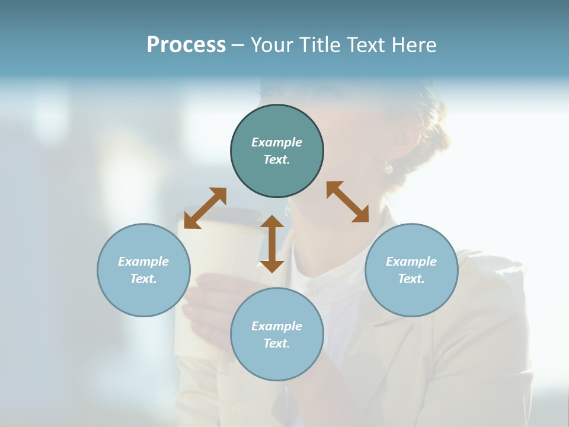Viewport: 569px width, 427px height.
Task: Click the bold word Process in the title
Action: point(186,45)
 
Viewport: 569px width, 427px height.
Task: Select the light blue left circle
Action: point(143,297)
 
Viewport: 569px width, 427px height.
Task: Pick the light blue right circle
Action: point(411,297)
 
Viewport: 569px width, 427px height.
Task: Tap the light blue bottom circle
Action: point(277,362)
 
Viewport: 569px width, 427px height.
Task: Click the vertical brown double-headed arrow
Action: point(272,244)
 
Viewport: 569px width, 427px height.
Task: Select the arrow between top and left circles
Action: point(205,208)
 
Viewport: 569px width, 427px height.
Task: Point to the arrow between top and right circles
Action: point(347,202)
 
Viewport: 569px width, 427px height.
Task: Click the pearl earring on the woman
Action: point(388,168)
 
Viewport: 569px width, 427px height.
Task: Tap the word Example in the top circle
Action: point(277,142)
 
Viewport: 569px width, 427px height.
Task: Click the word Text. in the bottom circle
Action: point(277,343)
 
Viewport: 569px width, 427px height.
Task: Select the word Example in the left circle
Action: point(143,262)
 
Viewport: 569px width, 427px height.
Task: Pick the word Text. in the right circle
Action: point(411,279)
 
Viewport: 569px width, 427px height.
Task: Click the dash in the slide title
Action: point(238,45)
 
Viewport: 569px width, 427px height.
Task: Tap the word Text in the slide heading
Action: point(365,45)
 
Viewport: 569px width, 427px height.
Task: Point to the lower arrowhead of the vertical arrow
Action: point(272,265)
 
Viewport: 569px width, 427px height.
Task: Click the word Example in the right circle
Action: point(411,262)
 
